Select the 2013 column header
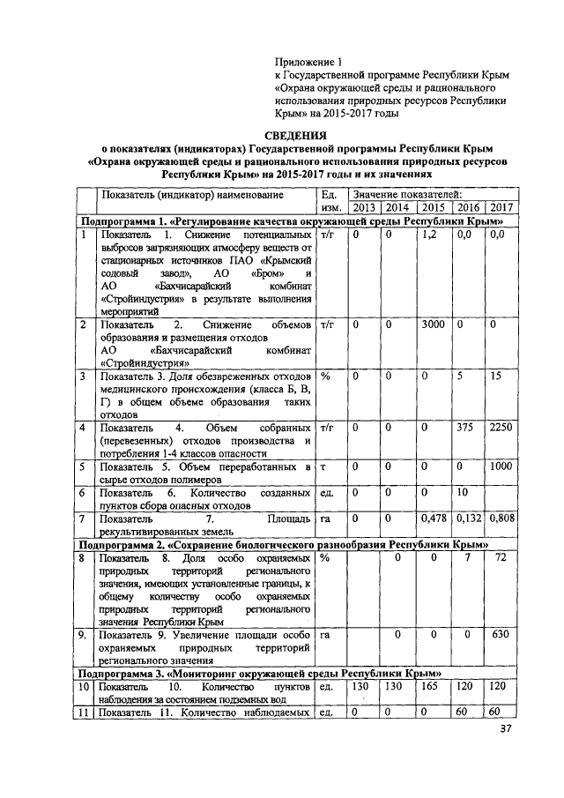[363, 207]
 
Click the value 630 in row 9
[501, 633]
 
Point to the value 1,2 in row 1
[430, 235]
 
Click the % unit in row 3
[324, 377]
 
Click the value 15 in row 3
[497, 377]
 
